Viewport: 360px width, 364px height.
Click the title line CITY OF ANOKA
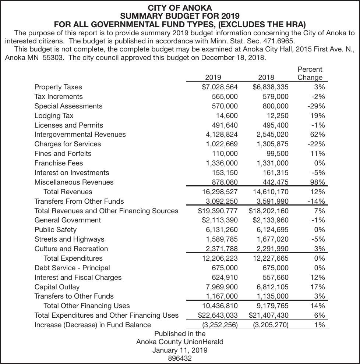click(180, 8)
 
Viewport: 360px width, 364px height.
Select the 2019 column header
click(213, 77)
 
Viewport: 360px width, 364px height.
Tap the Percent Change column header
click(310, 73)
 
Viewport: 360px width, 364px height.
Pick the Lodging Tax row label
click(54, 115)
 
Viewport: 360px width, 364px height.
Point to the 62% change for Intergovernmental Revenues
click(317, 135)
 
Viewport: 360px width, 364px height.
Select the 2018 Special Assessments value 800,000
click(273, 106)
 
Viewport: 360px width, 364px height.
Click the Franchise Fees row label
click(59, 163)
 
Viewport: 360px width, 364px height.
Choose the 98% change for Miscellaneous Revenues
click(317, 182)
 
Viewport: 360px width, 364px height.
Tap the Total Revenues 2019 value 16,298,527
click(220, 192)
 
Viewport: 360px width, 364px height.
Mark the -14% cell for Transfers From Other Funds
click(316, 201)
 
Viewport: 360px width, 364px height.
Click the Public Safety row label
click(55, 229)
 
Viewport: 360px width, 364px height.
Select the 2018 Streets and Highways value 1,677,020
click(272, 239)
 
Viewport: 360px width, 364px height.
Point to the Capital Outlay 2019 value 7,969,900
click(222, 287)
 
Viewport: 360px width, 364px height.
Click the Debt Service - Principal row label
click(72, 268)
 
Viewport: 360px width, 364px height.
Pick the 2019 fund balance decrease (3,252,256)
click(220, 325)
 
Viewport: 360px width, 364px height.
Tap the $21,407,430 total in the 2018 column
click(269, 315)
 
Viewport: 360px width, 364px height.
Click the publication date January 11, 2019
click(180, 350)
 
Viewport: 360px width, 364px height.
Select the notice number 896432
click(180, 358)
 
